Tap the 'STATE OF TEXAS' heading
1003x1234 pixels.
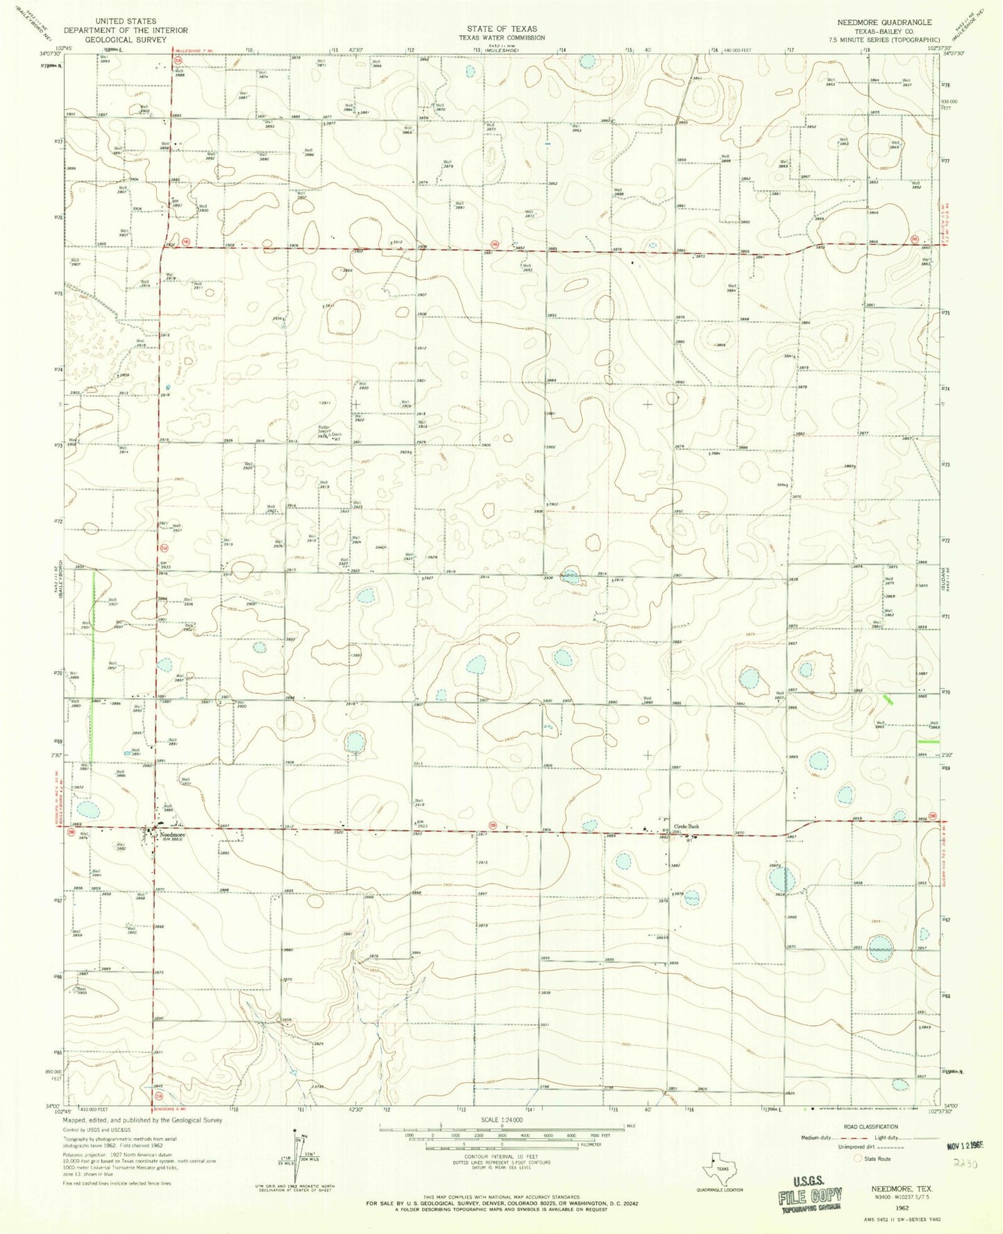pos(501,29)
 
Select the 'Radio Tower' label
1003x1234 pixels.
pos(323,429)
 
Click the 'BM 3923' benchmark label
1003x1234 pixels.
pos(421,824)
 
